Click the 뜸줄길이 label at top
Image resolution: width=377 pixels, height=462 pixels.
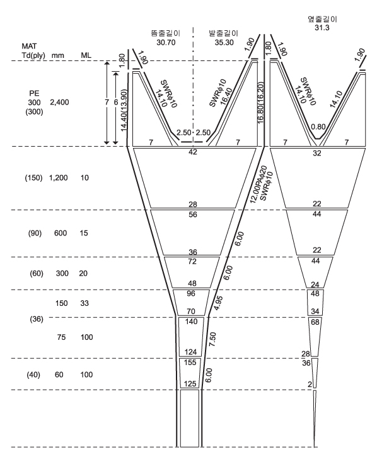click(165, 33)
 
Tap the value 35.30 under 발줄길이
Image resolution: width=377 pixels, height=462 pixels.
click(224, 42)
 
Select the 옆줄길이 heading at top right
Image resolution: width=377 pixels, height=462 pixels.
click(322, 19)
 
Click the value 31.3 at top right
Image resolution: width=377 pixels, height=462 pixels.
click(322, 28)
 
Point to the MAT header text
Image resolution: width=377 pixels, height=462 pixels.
click(29, 46)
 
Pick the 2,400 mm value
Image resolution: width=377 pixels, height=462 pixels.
click(60, 102)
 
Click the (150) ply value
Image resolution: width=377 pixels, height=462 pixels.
click(33, 178)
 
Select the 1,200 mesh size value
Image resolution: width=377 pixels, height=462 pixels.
click(59, 178)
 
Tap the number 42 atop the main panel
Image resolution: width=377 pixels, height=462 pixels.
click(193, 152)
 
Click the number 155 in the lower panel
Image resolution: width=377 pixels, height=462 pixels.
click(190, 363)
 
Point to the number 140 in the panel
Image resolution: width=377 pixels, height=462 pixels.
click(191, 322)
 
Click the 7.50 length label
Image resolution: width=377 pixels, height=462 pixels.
click(212, 339)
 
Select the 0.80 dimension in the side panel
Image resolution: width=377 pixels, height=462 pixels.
click(318, 127)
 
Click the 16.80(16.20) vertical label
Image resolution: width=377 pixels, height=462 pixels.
click(261, 103)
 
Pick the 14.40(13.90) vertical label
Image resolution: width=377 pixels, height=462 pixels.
click(124, 110)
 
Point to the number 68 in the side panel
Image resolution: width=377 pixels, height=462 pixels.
click(315, 322)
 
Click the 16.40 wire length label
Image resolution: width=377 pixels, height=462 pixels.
click(227, 96)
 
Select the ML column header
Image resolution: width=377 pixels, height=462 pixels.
click(86, 55)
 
